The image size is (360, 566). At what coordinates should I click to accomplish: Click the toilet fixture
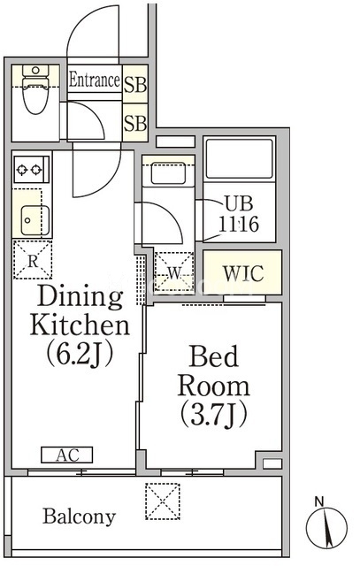(35, 88)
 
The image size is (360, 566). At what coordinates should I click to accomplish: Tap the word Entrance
(95, 80)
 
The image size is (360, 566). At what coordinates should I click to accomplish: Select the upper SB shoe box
(135, 84)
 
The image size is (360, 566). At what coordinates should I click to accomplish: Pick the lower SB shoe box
(135, 122)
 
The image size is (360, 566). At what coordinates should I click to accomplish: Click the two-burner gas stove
(32, 169)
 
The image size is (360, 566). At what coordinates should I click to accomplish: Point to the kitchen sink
(35, 220)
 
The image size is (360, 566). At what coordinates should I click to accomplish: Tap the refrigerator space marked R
(33, 260)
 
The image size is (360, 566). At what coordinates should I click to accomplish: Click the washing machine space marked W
(174, 272)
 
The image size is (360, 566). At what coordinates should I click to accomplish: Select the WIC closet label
(243, 273)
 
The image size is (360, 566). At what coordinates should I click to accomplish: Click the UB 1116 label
(239, 214)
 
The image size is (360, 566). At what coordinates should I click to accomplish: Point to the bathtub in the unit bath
(240, 159)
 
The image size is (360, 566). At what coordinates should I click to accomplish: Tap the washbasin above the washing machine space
(168, 173)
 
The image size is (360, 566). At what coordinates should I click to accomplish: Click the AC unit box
(67, 455)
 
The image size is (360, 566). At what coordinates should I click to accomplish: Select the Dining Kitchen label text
(80, 310)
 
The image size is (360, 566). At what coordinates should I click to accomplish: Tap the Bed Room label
(214, 371)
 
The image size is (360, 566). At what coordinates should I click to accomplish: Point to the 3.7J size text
(214, 414)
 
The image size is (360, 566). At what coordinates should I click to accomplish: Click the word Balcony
(80, 516)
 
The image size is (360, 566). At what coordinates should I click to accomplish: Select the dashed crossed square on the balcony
(163, 501)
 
